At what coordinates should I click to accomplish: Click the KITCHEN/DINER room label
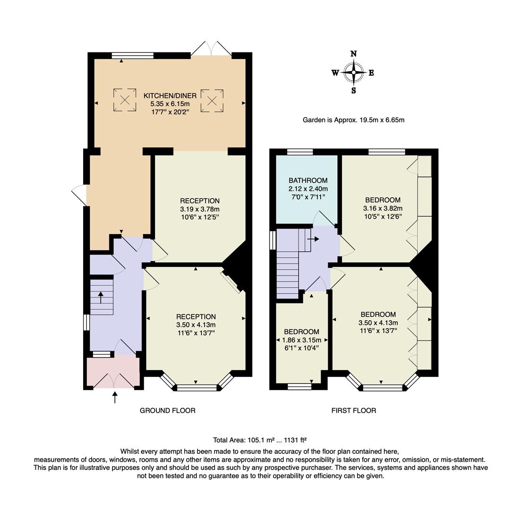click(170, 96)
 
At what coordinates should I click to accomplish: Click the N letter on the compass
click(354, 54)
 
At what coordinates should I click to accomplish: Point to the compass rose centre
click(354, 72)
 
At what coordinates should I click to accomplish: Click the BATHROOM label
click(308, 180)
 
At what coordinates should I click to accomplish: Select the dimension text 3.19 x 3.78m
click(200, 209)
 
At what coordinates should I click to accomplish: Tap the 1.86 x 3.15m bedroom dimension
click(302, 340)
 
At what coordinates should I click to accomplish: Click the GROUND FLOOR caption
click(168, 410)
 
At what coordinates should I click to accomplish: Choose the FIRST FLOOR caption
click(354, 410)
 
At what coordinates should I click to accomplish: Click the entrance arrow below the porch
click(115, 398)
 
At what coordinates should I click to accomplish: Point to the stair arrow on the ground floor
click(101, 297)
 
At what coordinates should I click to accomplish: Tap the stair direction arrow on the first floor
click(313, 238)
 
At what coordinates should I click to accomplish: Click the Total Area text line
click(260, 440)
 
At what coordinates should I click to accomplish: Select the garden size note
click(354, 120)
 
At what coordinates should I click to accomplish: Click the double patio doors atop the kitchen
click(211, 48)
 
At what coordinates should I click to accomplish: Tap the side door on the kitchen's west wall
click(79, 195)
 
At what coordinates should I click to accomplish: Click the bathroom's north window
click(300, 152)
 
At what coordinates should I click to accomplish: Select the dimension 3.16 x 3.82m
click(383, 208)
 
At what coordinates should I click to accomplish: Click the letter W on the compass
click(335, 73)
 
